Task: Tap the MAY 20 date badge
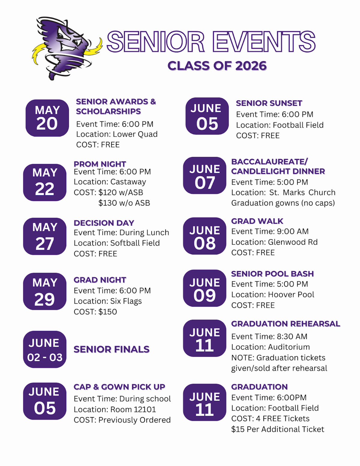(x=47, y=118)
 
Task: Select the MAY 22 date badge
(x=45, y=182)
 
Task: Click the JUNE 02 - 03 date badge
(x=45, y=349)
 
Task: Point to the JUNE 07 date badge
(x=205, y=176)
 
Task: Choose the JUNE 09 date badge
(x=205, y=288)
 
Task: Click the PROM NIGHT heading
(x=100, y=164)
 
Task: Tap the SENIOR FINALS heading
(x=112, y=349)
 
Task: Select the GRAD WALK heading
(x=257, y=221)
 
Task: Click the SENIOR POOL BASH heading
(x=272, y=274)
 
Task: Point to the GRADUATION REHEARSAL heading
(x=286, y=324)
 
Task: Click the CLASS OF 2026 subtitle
(x=217, y=66)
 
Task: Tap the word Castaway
(x=128, y=182)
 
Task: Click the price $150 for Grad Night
(x=108, y=312)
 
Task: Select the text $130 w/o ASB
(x=124, y=203)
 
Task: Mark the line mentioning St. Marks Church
(x=283, y=192)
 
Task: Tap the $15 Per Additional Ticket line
(x=277, y=429)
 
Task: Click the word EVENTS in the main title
(x=264, y=42)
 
